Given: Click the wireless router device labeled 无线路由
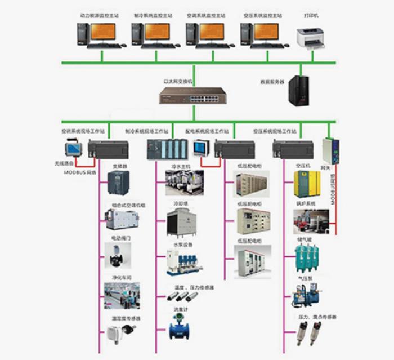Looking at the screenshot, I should [72, 149].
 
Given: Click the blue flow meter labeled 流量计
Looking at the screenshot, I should [181, 326].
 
